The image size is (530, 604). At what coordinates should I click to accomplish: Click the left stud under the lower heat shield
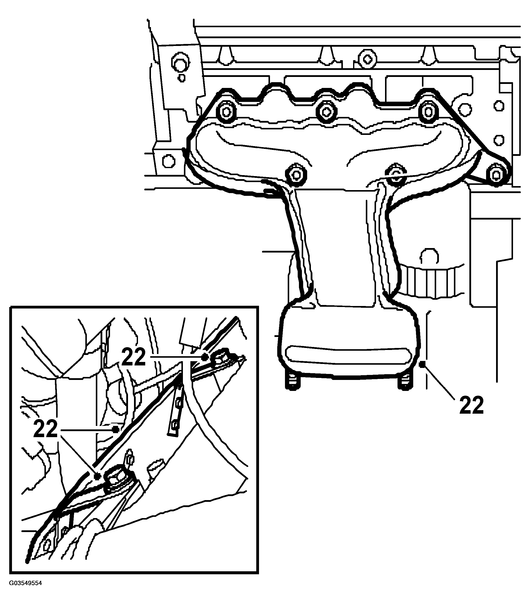292,383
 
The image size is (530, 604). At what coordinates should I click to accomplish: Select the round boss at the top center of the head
367,60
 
